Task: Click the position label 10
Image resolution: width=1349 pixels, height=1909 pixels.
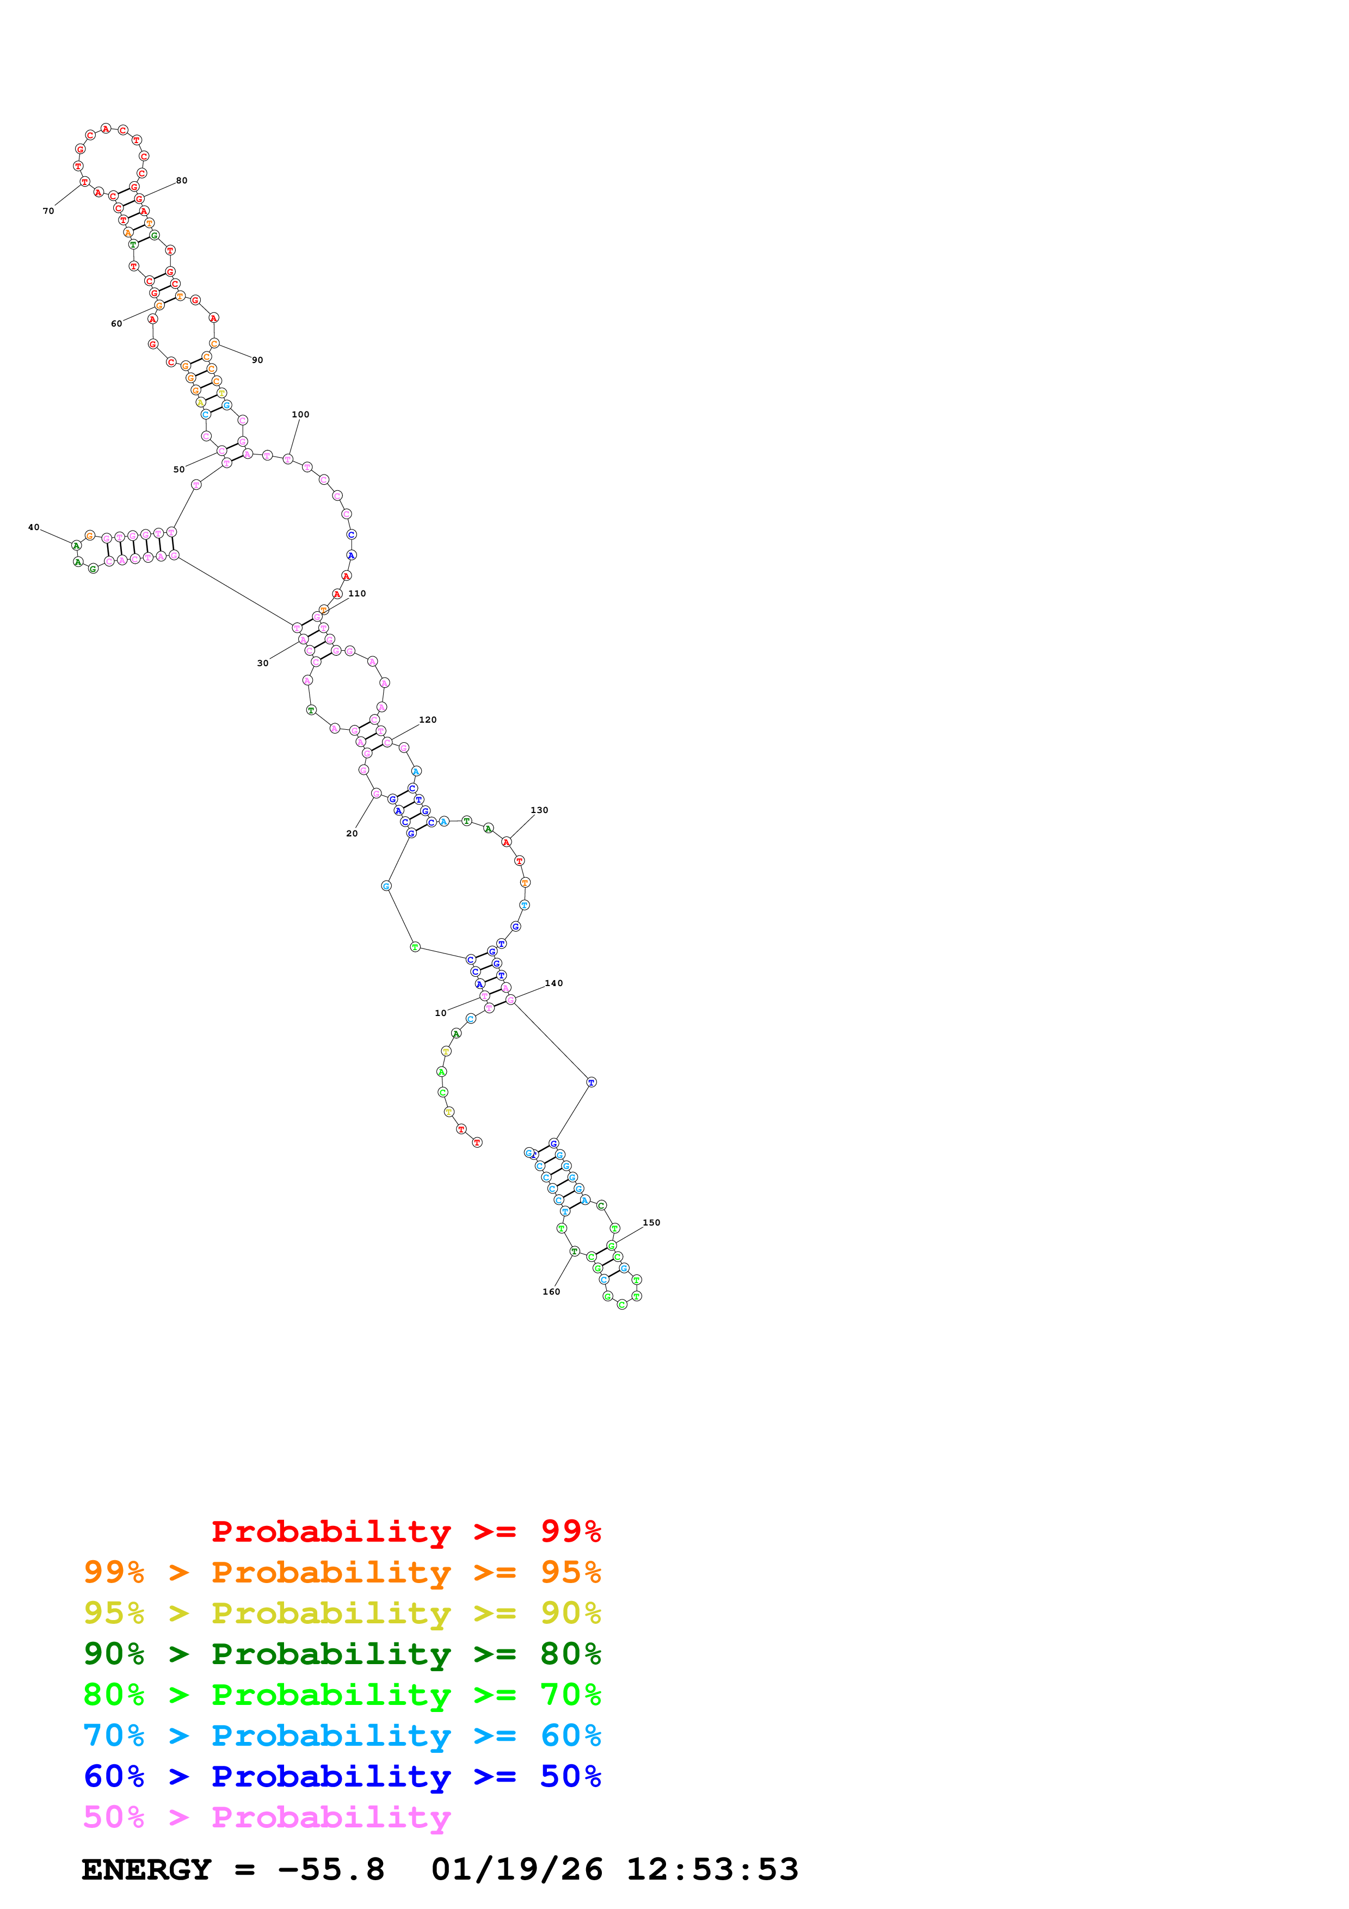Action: [441, 1013]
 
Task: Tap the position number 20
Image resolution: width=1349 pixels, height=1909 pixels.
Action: [352, 833]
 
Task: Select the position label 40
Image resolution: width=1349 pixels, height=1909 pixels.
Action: [33, 527]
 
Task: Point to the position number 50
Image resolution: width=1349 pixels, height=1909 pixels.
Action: [178, 470]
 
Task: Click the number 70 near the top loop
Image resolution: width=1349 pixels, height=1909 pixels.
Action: [48, 211]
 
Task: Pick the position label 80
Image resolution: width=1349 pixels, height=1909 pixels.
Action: [181, 181]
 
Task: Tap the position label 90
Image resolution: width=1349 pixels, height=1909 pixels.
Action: [257, 360]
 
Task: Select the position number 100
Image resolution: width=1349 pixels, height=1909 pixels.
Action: [300, 414]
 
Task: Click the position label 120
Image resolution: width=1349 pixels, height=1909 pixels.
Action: [427, 720]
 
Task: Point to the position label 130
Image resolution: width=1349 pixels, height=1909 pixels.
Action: [539, 810]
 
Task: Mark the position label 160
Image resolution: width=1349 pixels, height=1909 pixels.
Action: [551, 1291]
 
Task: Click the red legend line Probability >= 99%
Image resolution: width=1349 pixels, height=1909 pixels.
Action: [405, 1531]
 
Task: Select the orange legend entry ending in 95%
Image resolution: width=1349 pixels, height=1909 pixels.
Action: [342, 1572]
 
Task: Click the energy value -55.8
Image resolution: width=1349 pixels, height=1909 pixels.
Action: [331, 1869]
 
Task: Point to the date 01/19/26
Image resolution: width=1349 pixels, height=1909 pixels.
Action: [516, 1869]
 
